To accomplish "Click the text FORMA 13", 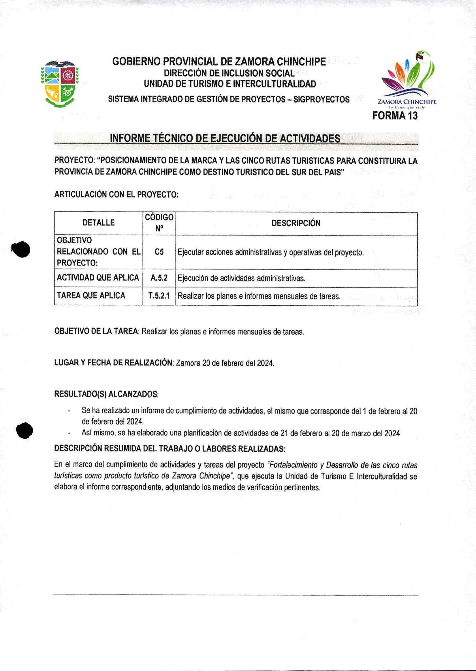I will [x=394, y=116].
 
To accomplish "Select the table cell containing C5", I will [x=159, y=252].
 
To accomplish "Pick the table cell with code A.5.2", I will [x=159, y=278].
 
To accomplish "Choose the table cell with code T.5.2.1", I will [x=159, y=296].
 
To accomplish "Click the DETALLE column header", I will [x=99, y=223].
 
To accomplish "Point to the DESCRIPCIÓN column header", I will [x=296, y=223].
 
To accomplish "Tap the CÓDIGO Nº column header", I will [x=159, y=223].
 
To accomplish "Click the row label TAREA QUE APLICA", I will [x=91, y=296].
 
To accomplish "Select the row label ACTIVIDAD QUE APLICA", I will [x=98, y=278].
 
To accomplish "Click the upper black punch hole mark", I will [x=20, y=249].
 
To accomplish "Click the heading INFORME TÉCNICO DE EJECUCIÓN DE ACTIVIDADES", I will [x=225, y=139].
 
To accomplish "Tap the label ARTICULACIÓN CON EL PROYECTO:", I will [x=116, y=195].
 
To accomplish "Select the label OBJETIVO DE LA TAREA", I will [x=96, y=332].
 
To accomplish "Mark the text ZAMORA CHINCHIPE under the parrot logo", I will [x=407, y=102].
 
